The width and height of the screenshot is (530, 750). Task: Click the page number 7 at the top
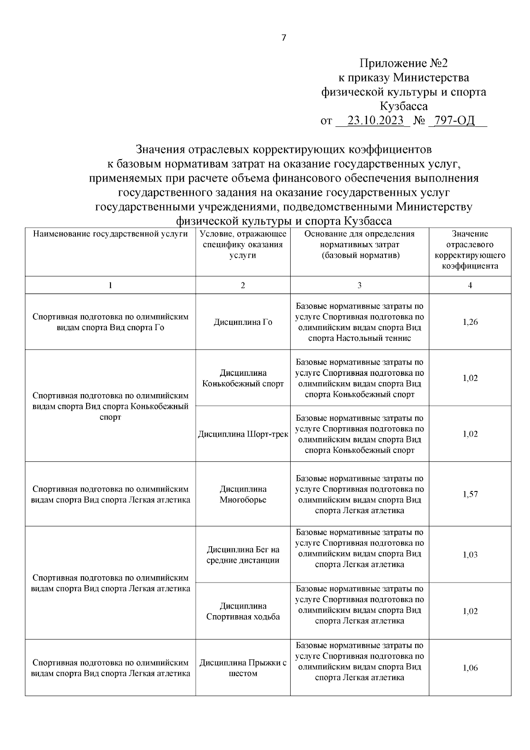284,38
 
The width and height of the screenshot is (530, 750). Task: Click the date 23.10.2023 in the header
375,120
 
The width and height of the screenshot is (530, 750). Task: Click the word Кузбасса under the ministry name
404,106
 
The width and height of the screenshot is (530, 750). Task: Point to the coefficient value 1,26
470,322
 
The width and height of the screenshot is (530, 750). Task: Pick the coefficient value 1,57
470,495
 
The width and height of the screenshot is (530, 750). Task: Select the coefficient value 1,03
470,555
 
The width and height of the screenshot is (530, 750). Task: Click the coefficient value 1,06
470,668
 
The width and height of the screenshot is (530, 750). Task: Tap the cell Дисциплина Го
243,322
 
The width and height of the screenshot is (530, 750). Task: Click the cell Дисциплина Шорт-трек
243,434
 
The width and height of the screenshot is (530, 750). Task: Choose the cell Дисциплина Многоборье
243,495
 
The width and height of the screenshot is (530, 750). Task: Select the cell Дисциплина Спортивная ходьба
243,611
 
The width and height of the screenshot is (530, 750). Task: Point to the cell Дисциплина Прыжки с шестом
243,668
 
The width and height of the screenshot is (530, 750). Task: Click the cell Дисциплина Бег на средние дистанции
243,555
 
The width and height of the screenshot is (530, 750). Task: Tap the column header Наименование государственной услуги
110,234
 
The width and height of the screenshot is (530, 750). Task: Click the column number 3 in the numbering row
360,286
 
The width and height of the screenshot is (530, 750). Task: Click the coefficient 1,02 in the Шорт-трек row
470,434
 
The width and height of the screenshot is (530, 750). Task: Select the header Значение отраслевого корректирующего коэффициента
470,250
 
